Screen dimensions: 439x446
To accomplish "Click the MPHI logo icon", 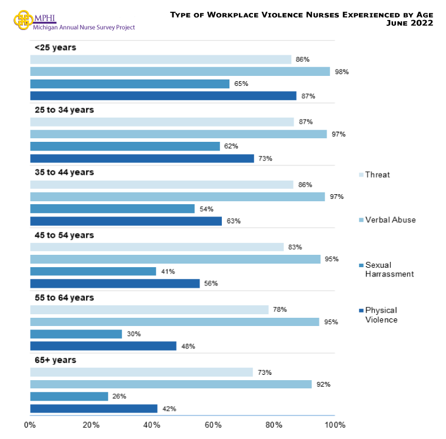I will tap(22, 19).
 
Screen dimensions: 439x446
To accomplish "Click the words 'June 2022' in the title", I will tap(410, 23).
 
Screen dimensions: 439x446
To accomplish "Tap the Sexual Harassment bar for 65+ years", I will tap(69, 397).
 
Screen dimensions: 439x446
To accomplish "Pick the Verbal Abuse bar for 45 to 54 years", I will tap(175, 259).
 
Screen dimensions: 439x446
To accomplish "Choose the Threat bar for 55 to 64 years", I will tap(149, 310).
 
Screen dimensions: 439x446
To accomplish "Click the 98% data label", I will tap(342, 72).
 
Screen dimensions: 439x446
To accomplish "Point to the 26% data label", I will tap(120, 397).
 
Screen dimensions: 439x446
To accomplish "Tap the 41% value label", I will tap(168, 271).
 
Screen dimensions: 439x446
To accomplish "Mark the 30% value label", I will tap(134, 334).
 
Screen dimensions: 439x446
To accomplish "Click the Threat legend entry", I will tap(377, 175).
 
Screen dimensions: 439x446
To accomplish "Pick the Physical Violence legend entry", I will tap(381, 315).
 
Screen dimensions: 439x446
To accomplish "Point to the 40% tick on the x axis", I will tap(152, 425).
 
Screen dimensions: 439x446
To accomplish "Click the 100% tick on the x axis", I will tap(334, 425).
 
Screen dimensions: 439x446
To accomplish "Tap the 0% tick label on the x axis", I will tap(30, 425).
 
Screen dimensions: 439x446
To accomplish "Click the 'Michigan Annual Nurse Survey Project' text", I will tap(84, 28).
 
